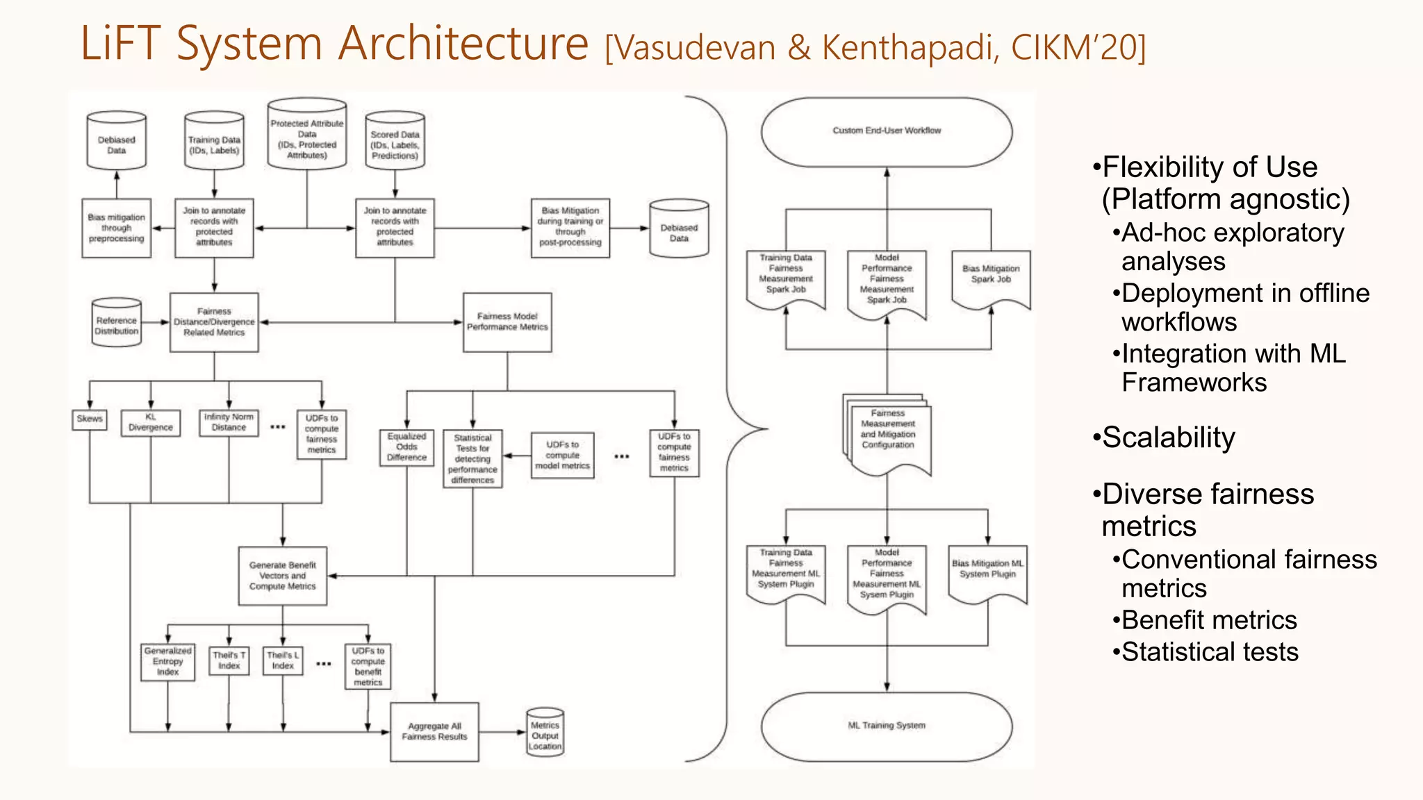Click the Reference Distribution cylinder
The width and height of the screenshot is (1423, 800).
pos(117,324)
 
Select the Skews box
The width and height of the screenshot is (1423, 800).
pos(90,419)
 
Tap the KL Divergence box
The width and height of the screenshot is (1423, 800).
pos(151,423)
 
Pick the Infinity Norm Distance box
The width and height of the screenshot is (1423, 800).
pos(229,422)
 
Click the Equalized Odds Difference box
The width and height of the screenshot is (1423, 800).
pos(406,447)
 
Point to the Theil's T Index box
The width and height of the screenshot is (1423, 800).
pos(229,660)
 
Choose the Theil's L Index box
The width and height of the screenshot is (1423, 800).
pos(283,660)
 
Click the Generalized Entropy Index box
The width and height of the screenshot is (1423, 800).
pos(167,662)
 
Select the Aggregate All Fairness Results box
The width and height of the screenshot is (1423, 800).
pos(434,732)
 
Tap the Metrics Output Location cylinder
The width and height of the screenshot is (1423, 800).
pos(545,733)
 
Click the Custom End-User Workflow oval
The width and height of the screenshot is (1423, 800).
pos(887,131)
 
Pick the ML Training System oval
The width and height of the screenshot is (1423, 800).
pos(887,726)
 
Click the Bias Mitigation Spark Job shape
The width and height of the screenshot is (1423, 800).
pos(991,276)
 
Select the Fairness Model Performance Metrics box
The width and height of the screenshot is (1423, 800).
pos(507,322)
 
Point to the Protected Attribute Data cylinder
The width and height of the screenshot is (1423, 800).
pos(307,136)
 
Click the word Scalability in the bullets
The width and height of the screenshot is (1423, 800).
pos(1169,437)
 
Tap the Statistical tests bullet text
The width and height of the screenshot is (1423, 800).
pos(1210,652)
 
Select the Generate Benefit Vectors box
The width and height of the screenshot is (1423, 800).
pos(283,576)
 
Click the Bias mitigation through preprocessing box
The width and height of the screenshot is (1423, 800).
pos(117,228)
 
